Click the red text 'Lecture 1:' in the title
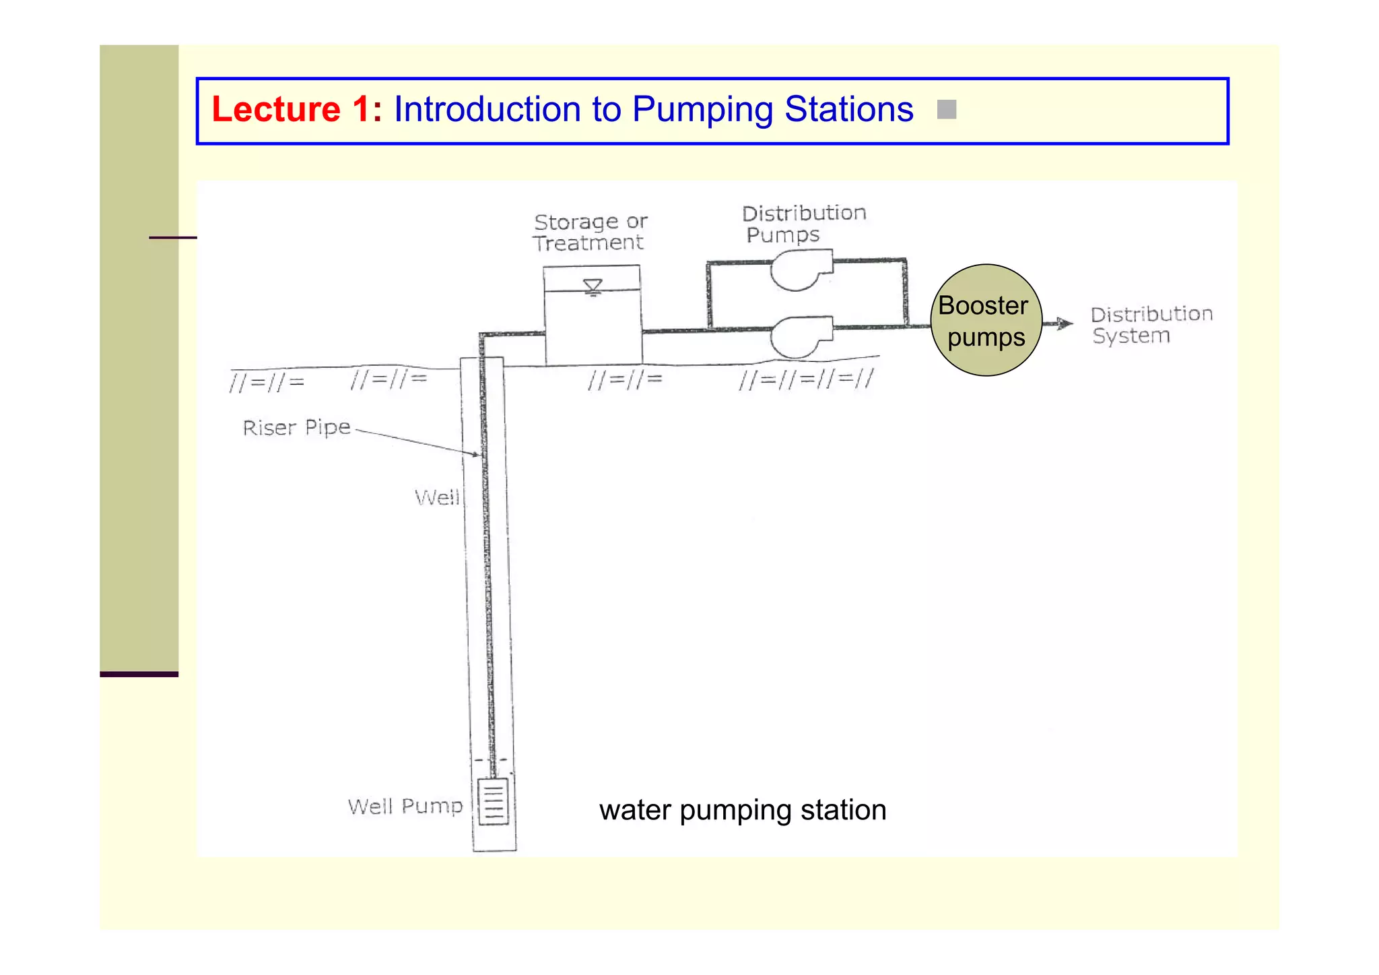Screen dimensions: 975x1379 (x=296, y=109)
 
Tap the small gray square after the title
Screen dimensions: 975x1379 (x=946, y=109)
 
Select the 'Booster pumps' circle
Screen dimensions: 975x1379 (x=986, y=320)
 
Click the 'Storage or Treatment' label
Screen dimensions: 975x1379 (x=589, y=232)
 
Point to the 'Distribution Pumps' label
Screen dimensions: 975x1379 (x=803, y=224)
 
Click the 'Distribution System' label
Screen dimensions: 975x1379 (x=1150, y=324)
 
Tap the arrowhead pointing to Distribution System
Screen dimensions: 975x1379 (x=1066, y=323)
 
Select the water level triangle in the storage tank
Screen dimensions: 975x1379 (x=593, y=286)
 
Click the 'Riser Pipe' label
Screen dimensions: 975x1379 (x=296, y=427)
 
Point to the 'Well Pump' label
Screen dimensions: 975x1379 (x=405, y=806)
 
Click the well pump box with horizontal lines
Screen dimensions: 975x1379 (x=493, y=801)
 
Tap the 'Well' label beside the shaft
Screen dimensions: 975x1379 (x=437, y=498)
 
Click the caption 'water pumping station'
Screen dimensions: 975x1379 (x=742, y=810)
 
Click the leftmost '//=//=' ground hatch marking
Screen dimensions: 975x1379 (x=267, y=383)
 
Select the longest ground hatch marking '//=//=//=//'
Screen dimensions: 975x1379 (x=805, y=379)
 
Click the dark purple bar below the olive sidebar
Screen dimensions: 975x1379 (x=139, y=674)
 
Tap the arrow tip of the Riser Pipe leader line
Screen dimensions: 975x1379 (x=479, y=455)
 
